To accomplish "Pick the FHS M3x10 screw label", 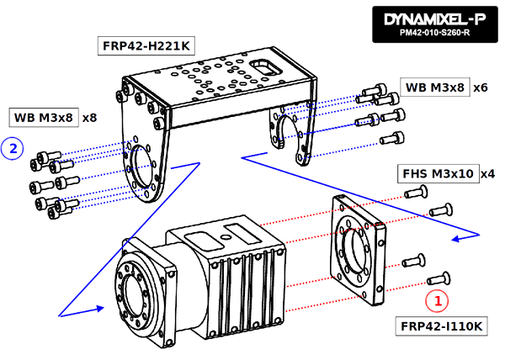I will click(x=435, y=173).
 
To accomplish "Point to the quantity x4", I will click(x=487, y=173).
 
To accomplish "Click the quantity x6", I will click(x=481, y=87).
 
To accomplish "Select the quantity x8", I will click(x=90, y=118).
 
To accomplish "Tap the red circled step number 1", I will click(x=436, y=299).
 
